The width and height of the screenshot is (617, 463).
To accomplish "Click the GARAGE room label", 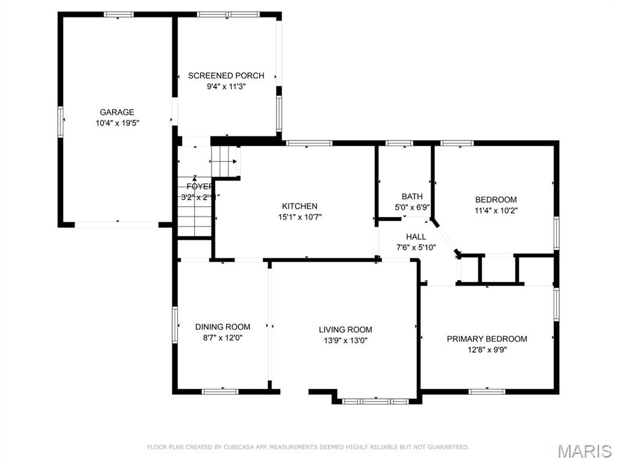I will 117,112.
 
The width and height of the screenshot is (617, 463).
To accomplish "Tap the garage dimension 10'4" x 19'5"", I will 117,122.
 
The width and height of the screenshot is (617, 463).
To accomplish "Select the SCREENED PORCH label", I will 226,76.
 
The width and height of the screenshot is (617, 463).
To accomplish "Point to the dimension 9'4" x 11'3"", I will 226,86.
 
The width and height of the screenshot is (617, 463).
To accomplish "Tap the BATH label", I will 412,197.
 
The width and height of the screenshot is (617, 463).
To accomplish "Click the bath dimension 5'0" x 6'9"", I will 412,207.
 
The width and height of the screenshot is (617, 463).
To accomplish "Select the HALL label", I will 416,237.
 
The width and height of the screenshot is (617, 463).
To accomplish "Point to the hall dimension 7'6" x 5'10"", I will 416,247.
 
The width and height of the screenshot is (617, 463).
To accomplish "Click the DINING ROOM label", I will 222,327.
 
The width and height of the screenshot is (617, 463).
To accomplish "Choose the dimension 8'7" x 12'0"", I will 222,338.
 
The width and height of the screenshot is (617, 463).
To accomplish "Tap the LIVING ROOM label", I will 345,330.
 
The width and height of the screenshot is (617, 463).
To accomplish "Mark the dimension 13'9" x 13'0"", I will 345,340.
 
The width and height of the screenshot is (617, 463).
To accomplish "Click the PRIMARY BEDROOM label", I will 487,339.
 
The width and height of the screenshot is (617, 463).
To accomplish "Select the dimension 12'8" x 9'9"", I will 487,350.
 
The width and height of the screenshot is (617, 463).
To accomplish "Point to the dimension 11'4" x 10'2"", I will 496,210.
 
